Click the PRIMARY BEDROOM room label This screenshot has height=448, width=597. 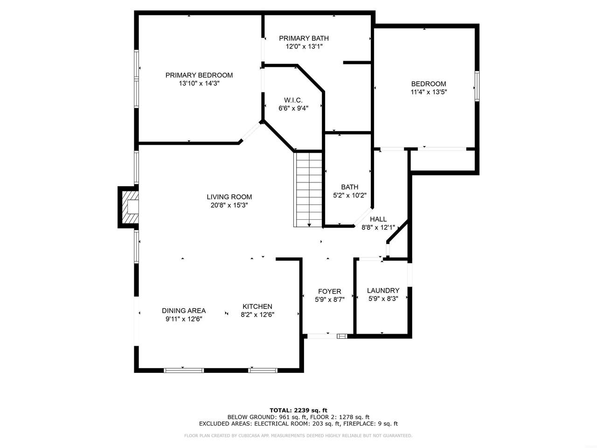(x=199, y=75)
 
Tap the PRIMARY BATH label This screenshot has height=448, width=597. (x=304, y=38)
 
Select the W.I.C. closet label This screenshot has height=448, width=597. (x=293, y=100)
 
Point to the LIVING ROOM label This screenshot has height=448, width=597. (x=229, y=197)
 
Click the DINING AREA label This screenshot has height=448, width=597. (x=184, y=311)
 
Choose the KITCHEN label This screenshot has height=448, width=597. (x=257, y=307)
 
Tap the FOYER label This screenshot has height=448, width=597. (x=330, y=292)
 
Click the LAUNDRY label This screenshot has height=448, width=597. (x=383, y=291)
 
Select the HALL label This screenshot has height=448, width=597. (x=378, y=219)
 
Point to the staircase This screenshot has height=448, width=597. (x=308, y=189)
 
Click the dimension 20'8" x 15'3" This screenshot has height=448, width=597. (x=229, y=205)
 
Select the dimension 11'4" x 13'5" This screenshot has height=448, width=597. (x=429, y=92)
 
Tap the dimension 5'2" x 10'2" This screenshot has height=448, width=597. (x=350, y=196)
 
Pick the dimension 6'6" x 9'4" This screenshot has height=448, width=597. (x=293, y=108)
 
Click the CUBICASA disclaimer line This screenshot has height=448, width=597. (x=298, y=436)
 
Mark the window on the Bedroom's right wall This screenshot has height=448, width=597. (x=477, y=86)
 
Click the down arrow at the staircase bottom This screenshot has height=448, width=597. (x=309, y=225)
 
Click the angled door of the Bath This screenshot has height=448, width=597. (x=363, y=217)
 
